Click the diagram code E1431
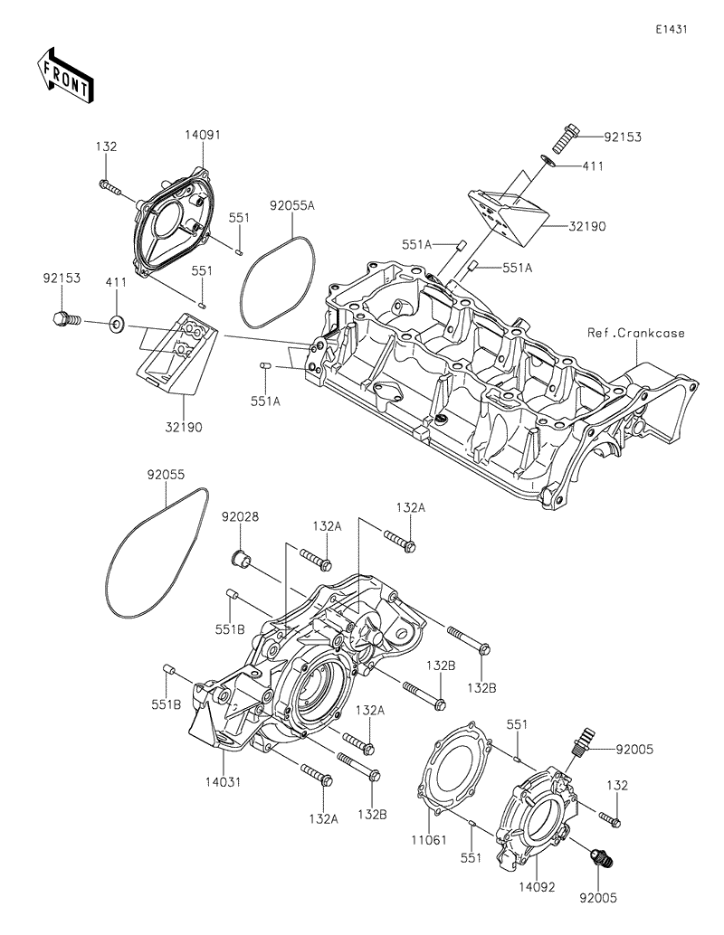672,29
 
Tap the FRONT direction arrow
62,75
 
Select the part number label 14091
203,135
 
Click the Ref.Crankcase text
635,333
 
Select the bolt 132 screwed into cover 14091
111,186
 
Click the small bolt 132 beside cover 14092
610,819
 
